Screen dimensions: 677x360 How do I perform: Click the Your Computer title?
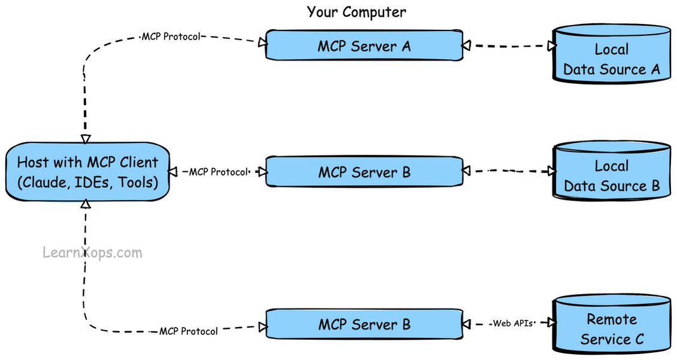[x=356, y=11]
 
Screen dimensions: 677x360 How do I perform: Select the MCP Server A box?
[x=364, y=45]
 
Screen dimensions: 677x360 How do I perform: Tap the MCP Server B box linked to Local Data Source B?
[x=364, y=172]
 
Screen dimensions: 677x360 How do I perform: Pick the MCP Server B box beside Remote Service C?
[x=364, y=324]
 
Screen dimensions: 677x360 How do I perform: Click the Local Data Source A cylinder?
[x=612, y=53]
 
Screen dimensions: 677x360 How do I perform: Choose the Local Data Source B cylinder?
[x=612, y=171]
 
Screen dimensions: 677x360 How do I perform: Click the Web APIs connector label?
[x=513, y=323]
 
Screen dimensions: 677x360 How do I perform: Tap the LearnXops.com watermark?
[x=92, y=252]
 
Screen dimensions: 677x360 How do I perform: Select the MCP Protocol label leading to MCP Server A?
[x=171, y=37]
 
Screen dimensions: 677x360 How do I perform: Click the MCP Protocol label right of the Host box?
[x=219, y=172]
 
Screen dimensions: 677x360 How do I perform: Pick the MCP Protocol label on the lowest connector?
[x=189, y=331]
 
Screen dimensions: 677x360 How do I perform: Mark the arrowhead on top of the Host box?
[x=86, y=138]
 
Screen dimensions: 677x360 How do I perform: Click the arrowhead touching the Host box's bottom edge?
[x=86, y=203]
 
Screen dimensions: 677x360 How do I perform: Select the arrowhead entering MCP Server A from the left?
[x=262, y=42]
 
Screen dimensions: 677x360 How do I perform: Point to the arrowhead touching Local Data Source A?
[x=551, y=46]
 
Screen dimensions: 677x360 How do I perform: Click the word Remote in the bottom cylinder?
[x=612, y=319]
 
